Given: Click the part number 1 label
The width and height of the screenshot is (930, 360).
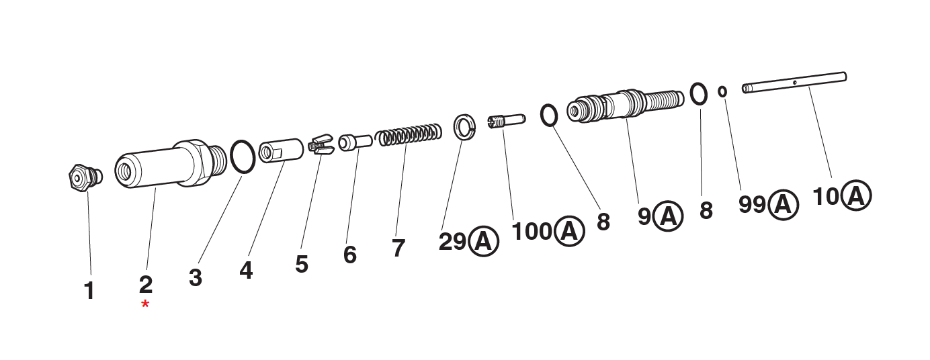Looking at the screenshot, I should point(89,291).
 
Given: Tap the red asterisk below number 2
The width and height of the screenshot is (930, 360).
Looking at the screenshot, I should point(145,306).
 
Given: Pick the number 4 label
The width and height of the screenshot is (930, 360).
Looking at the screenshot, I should point(246,270).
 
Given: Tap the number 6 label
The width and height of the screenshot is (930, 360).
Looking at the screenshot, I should point(349,255).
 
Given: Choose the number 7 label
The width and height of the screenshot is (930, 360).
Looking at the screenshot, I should point(398,248).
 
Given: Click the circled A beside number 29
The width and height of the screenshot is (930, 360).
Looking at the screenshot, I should point(484,241).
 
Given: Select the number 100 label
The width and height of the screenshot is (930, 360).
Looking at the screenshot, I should point(532,232).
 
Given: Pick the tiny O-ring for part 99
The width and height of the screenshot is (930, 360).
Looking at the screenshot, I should point(722,91).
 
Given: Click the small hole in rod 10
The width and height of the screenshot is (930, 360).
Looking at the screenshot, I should point(794,82).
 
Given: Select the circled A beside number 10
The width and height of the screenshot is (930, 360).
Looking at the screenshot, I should point(856,195).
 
